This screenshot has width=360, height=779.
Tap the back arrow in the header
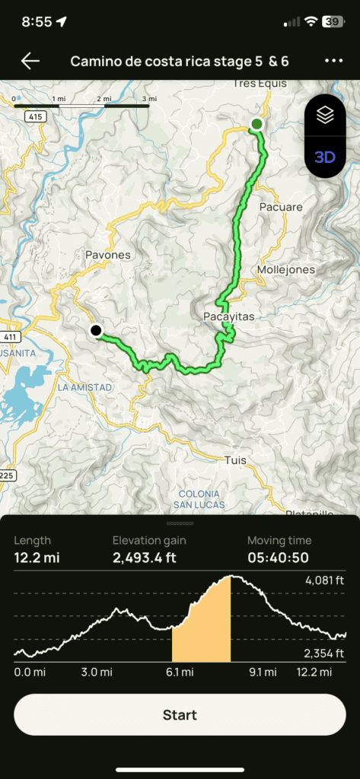click(30, 61)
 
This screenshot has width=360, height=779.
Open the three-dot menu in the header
click(333, 61)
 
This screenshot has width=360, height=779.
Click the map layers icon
click(325, 116)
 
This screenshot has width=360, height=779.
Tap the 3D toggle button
click(325, 157)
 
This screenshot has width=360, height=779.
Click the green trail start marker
click(257, 124)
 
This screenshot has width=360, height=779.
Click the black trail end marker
click(96, 330)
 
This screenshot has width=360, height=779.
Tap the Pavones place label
click(108, 255)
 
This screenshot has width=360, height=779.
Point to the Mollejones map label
click(285, 269)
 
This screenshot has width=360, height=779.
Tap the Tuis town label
click(236, 460)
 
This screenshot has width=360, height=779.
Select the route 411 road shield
click(10, 336)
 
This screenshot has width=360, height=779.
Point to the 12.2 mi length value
click(37, 558)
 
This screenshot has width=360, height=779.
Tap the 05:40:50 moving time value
click(278, 558)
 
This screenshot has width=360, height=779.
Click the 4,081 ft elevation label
click(323, 580)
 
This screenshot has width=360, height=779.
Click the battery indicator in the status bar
click(332, 22)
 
